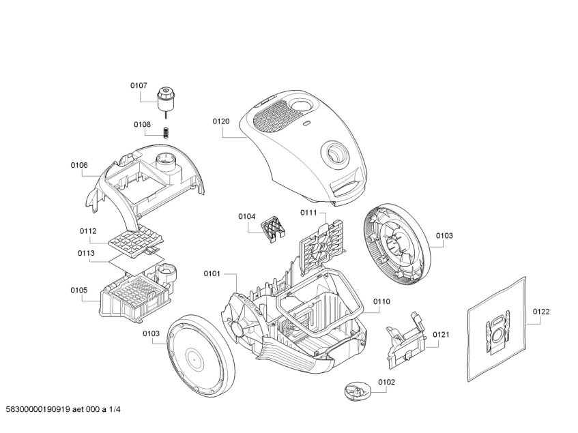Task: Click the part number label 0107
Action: [x=139, y=85]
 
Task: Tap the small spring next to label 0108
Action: [x=165, y=131]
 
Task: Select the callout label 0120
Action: [x=220, y=121]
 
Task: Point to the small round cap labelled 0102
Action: [x=354, y=392]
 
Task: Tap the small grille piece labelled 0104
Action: [x=273, y=228]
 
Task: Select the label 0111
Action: [x=308, y=213]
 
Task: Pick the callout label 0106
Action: [x=79, y=165]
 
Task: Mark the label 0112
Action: [x=87, y=230]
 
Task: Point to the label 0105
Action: [x=79, y=290]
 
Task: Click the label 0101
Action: [x=212, y=273]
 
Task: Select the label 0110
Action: [x=381, y=301]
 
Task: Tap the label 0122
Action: [x=541, y=312]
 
